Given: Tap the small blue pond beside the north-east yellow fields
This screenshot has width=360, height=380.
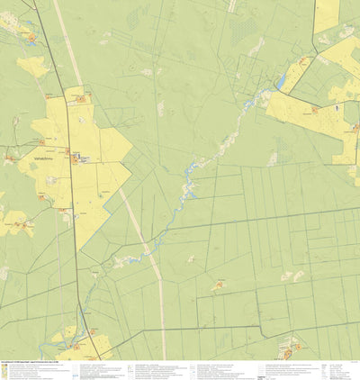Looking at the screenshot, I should [280, 83].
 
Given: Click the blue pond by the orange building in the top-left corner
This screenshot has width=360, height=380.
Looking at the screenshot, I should [28, 35].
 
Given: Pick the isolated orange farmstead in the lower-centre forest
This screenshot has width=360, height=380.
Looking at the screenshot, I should [219, 286].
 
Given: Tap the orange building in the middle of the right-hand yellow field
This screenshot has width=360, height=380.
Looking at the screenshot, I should [314, 111].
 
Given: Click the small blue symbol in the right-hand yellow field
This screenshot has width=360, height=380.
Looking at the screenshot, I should [339, 106].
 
